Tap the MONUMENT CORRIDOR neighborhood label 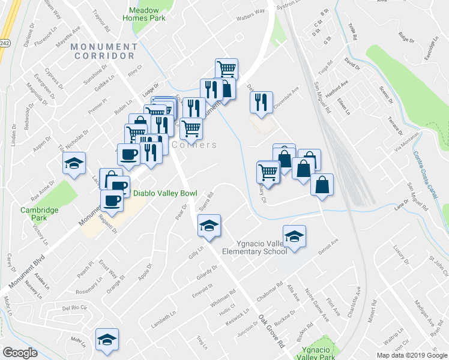pyautogui.click(x=103, y=51)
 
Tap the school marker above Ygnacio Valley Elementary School pyautogui.click(x=294, y=237)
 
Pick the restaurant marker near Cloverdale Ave pyautogui.click(x=261, y=102)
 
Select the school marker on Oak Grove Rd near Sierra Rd pyautogui.click(x=209, y=226)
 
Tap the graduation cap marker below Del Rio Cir pyautogui.click(x=107, y=340)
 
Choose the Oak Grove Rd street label pyautogui.click(x=271, y=334)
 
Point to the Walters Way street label pyautogui.click(x=250, y=11)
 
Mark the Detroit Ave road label pyautogui.click(x=328, y=246)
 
